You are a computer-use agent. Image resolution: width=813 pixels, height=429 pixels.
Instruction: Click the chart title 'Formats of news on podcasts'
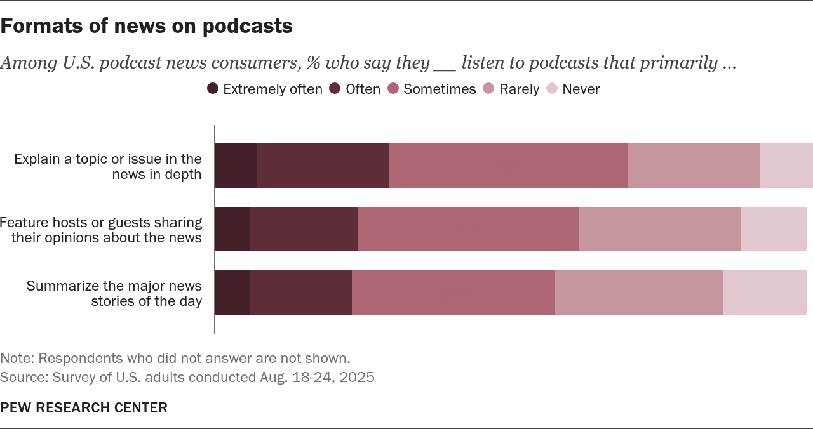[x=146, y=26]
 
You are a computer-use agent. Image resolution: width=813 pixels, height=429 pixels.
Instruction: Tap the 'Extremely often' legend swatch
[x=213, y=89]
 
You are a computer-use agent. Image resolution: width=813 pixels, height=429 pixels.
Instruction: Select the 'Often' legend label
[x=363, y=89]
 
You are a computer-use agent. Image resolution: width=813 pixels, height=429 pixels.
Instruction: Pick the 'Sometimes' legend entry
[x=440, y=89]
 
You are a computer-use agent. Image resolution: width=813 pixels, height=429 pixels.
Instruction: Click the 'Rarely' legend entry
[x=519, y=89]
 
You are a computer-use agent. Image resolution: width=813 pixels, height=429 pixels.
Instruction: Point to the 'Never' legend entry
[x=581, y=89]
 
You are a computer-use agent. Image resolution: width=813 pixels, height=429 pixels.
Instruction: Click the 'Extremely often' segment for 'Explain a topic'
[x=236, y=166]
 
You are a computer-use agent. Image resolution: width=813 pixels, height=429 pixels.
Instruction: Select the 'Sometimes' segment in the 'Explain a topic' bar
[x=507, y=166]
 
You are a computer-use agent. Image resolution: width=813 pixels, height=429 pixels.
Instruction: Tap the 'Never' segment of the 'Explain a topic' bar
[x=786, y=166]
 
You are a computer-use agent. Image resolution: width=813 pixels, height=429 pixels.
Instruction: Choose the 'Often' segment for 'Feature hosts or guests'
[x=304, y=229]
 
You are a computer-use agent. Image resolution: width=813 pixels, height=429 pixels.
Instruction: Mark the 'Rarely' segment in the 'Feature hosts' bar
[x=659, y=229]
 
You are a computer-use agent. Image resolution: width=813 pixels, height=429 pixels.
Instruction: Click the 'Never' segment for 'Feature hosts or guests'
[x=773, y=229]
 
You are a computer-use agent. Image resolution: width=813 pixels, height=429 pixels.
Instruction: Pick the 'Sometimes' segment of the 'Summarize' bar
[x=453, y=293]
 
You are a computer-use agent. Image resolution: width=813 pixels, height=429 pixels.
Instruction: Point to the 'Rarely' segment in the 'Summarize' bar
[x=638, y=293]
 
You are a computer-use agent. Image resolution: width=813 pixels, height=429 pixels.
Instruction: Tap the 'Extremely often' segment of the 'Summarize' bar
[x=232, y=293]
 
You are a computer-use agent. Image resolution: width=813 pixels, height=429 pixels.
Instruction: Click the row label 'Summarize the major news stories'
[x=114, y=293]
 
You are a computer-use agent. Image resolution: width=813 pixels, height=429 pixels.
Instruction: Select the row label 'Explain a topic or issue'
[x=108, y=166]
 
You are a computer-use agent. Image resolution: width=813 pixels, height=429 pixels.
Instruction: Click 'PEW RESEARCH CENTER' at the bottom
[x=84, y=408]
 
